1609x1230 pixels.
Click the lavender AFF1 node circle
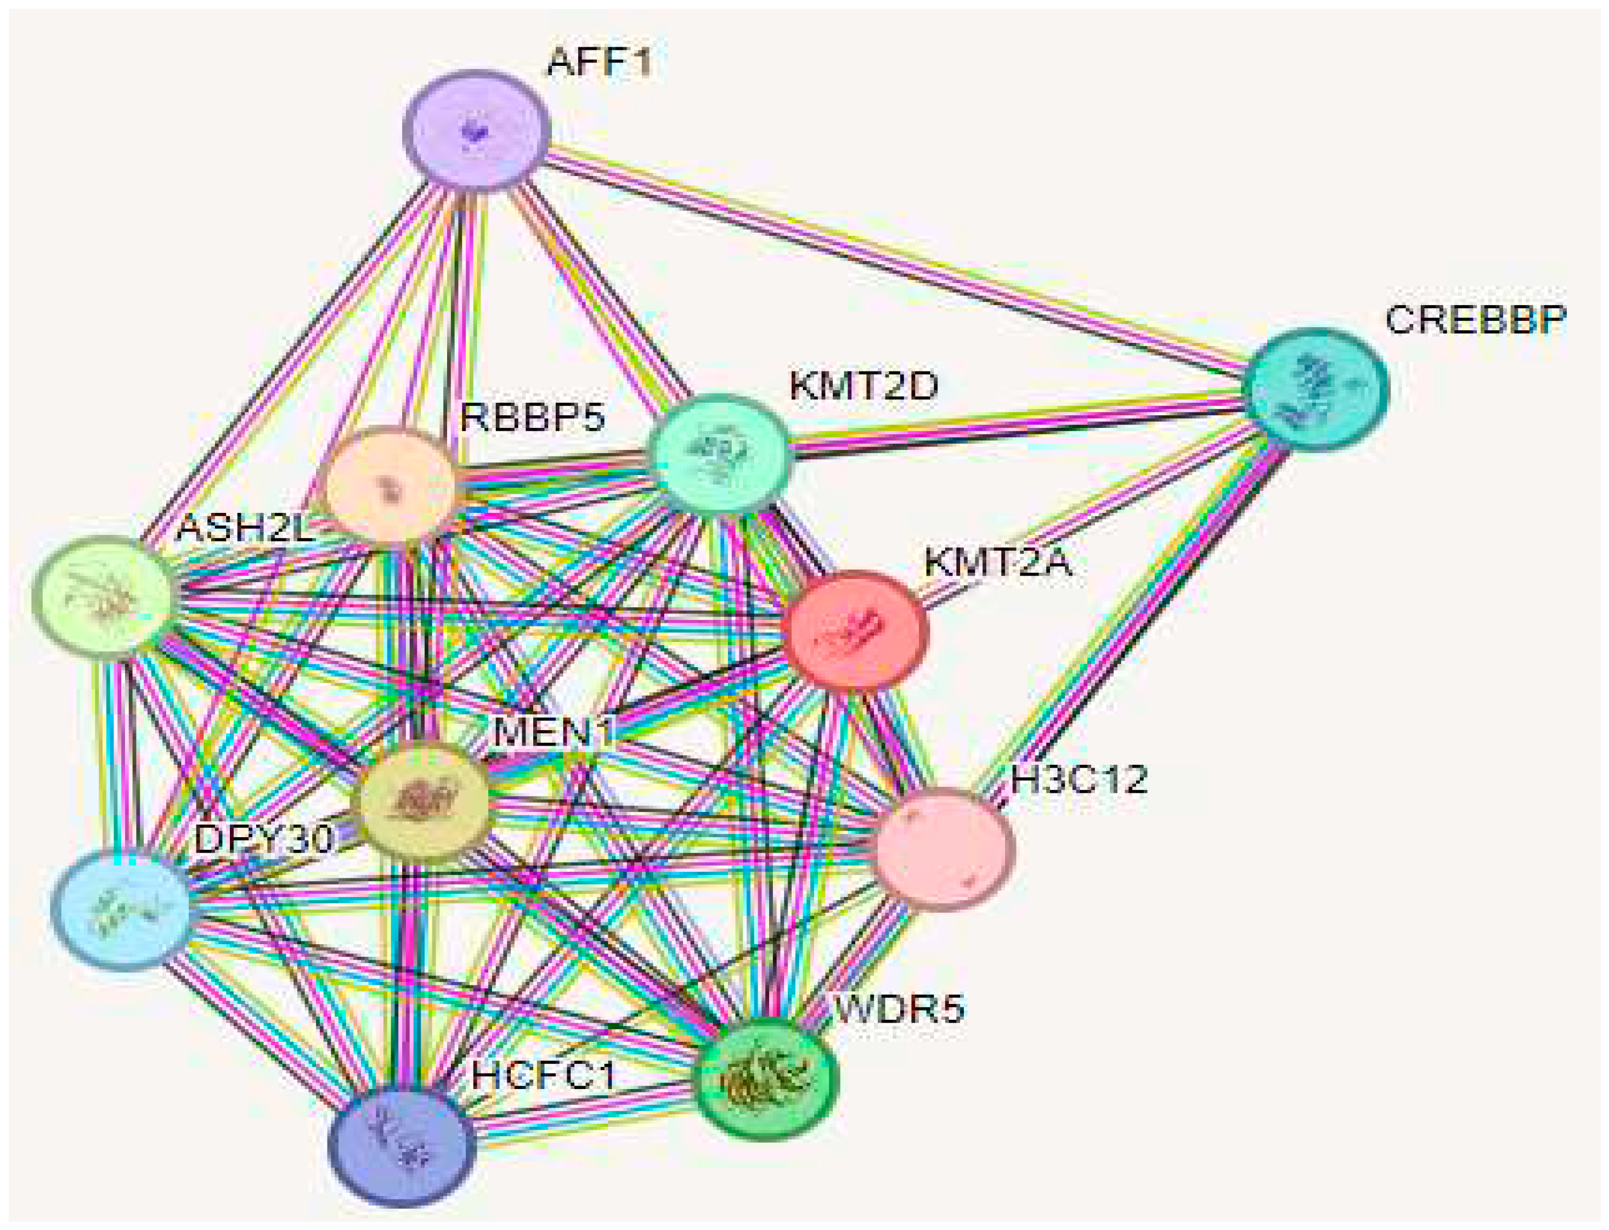477,131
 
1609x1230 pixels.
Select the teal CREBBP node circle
1316,389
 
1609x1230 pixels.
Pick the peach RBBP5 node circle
389,484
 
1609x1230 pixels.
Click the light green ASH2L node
103,595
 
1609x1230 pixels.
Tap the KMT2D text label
864,386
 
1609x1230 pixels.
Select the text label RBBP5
532,417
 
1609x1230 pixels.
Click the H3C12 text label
1079,780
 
